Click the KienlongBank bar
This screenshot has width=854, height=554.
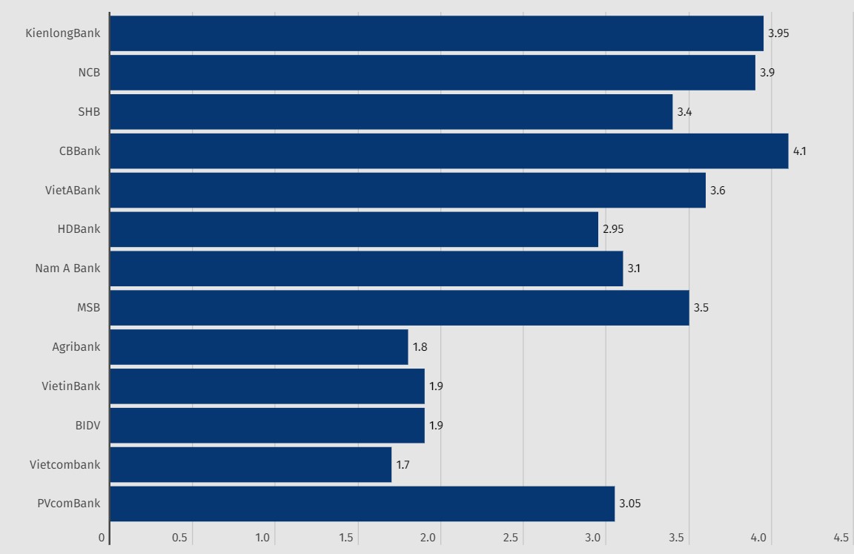(436, 33)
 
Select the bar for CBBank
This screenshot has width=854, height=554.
(448, 151)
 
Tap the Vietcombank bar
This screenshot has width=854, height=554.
(251, 465)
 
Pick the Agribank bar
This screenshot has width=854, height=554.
(259, 347)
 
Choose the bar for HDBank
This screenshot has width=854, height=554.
(354, 229)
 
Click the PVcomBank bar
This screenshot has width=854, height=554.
(362, 504)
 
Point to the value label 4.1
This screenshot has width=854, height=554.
(799, 151)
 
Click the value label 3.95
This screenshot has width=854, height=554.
(778, 33)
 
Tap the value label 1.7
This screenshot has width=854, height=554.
(403, 465)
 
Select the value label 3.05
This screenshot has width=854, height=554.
(629, 504)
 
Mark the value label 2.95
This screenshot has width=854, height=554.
(613, 229)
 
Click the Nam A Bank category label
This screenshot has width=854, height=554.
(67, 268)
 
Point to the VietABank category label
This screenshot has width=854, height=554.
(73, 191)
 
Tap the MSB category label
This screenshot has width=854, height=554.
(88, 308)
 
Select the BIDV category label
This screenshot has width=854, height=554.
(87, 426)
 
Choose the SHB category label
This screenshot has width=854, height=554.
(89, 112)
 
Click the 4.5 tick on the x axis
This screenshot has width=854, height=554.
(841, 538)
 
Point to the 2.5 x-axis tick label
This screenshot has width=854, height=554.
(511, 538)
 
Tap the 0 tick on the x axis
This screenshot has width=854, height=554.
(102, 538)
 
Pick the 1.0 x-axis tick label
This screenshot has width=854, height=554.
(262, 538)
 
